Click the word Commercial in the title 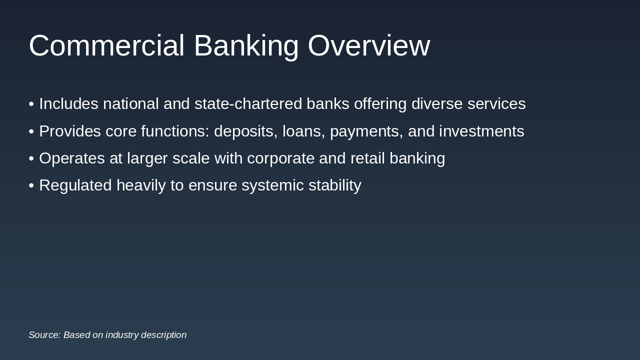106,46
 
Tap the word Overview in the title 368,46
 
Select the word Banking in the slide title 246,46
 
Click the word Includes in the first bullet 68,104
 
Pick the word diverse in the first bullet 437,104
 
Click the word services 496,104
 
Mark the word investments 481,131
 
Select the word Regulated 75,185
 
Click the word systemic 272,185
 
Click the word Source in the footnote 44,335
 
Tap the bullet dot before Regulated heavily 31,185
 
